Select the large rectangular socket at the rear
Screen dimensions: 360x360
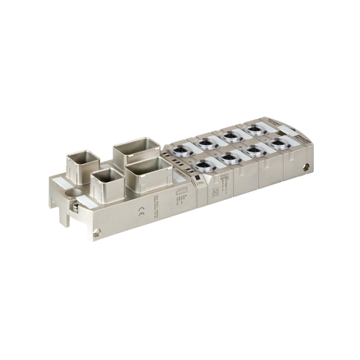[137, 149]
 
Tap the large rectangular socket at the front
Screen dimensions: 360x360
[148, 173]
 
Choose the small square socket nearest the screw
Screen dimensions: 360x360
[106, 181]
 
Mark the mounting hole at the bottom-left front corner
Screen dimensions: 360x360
[97, 232]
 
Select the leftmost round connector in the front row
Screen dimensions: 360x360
[205, 165]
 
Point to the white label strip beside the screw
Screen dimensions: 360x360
[86, 202]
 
